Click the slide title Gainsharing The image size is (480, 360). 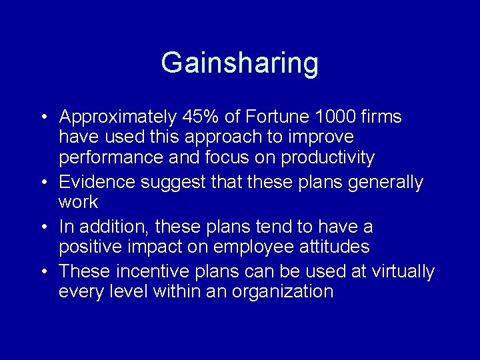[x=239, y=63]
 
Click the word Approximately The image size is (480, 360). [x=117, y=118]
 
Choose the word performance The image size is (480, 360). [x=110, y=159]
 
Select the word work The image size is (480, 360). [x=78, y=202]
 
